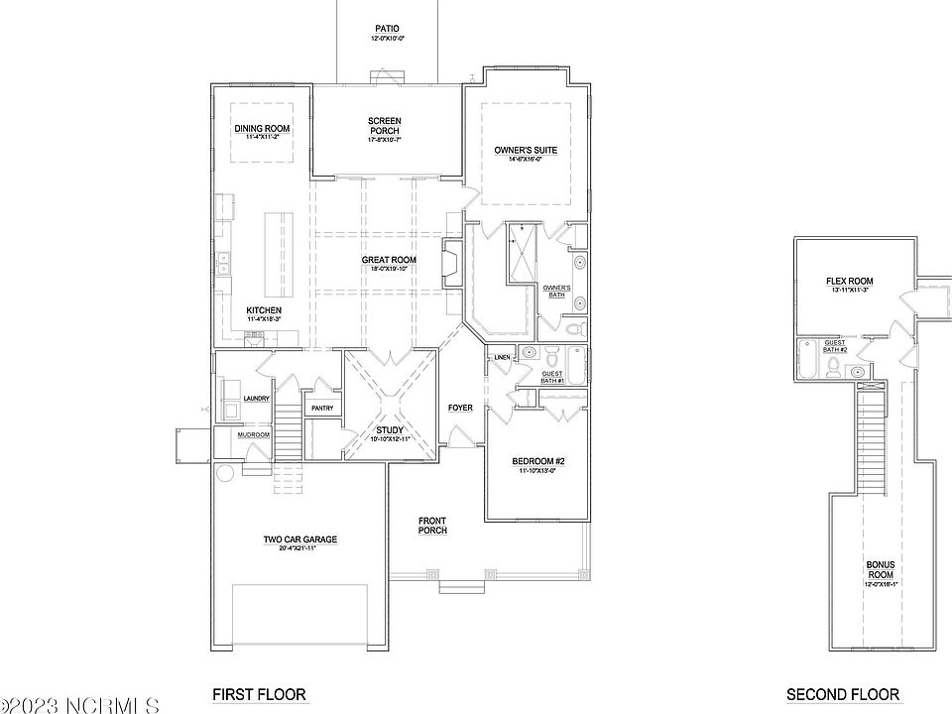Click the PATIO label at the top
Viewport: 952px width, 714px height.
[x=388, y=29]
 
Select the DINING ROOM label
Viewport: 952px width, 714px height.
[x=262, y=129]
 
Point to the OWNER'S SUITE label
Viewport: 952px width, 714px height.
[x=526, y=151]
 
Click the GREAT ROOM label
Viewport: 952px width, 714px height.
[x=389, y=261]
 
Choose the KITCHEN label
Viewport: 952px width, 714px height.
[x=264, y=309]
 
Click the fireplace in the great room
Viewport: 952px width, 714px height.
[x=451, y=264]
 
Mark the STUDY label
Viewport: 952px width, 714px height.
[x=389, y=429]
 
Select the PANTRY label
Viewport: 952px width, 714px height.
[x=322, y=408]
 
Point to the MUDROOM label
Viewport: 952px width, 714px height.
[x=253, y=434]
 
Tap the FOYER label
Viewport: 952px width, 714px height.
[x=460, y=408]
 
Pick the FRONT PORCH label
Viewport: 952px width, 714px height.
[x=432, y=525]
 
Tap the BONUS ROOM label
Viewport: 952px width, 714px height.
[x=881, y=569]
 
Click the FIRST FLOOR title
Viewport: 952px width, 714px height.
[x=260, y=694]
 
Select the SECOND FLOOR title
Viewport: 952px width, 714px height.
[x=843, y=694]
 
